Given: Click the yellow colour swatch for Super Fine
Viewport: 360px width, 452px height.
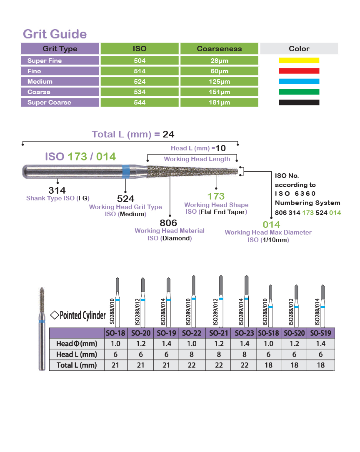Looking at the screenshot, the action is pyautogui.click(x=299, y=60).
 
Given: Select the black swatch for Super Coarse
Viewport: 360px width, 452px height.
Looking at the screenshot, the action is pyautogui.click(x=299, y=102).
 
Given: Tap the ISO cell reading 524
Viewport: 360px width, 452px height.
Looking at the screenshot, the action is pyautogui.click(x=140, y=82).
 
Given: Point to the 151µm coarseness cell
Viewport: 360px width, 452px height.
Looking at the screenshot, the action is pyautogui.click(x=219, y=92).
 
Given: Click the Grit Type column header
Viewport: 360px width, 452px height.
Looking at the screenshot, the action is pyautogui.click(x=60, y=49).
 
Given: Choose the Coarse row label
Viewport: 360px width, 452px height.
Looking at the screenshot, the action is pyautogui.click(x=39, y=92).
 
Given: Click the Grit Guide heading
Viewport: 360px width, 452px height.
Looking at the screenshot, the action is pyautogui.click(x=55, y=34).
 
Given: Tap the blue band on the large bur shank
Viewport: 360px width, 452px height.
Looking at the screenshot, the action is pyautogui.click(x=125, y=172).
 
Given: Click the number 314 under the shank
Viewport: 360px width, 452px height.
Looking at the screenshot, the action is pyautogui.click(x=57, y=190).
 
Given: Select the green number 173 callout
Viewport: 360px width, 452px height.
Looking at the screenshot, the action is pyautogui.click(x=216, y=196).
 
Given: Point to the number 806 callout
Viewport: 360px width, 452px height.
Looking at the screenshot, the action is pyautogui.click(x=168, y=223).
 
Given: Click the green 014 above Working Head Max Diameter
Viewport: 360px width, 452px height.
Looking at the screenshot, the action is pyautogui.click(x=271, y=225).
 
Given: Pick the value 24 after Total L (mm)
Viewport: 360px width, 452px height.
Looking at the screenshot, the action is pyautogui.click(x=168, y=134).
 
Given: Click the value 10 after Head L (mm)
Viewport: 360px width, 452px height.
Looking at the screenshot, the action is pyautogui.click(x=220, y=148).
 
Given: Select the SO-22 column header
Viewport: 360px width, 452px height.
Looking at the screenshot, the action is pyautogui.click(x=191, y=333).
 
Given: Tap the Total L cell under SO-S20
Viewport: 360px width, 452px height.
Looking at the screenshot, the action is pyautogui.click(x=294, y=365).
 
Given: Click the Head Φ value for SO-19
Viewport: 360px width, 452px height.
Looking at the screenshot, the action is pyautogui.click(x=166, y=344).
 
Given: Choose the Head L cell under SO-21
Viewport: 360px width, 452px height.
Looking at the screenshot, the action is pyautogui.click(x=219, y=354).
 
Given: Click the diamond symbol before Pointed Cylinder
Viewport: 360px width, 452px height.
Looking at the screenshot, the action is pyautogui.click(x=55, y=315).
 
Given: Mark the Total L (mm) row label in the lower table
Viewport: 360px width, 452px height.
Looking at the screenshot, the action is pyautogui.click(x=77, y=365).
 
